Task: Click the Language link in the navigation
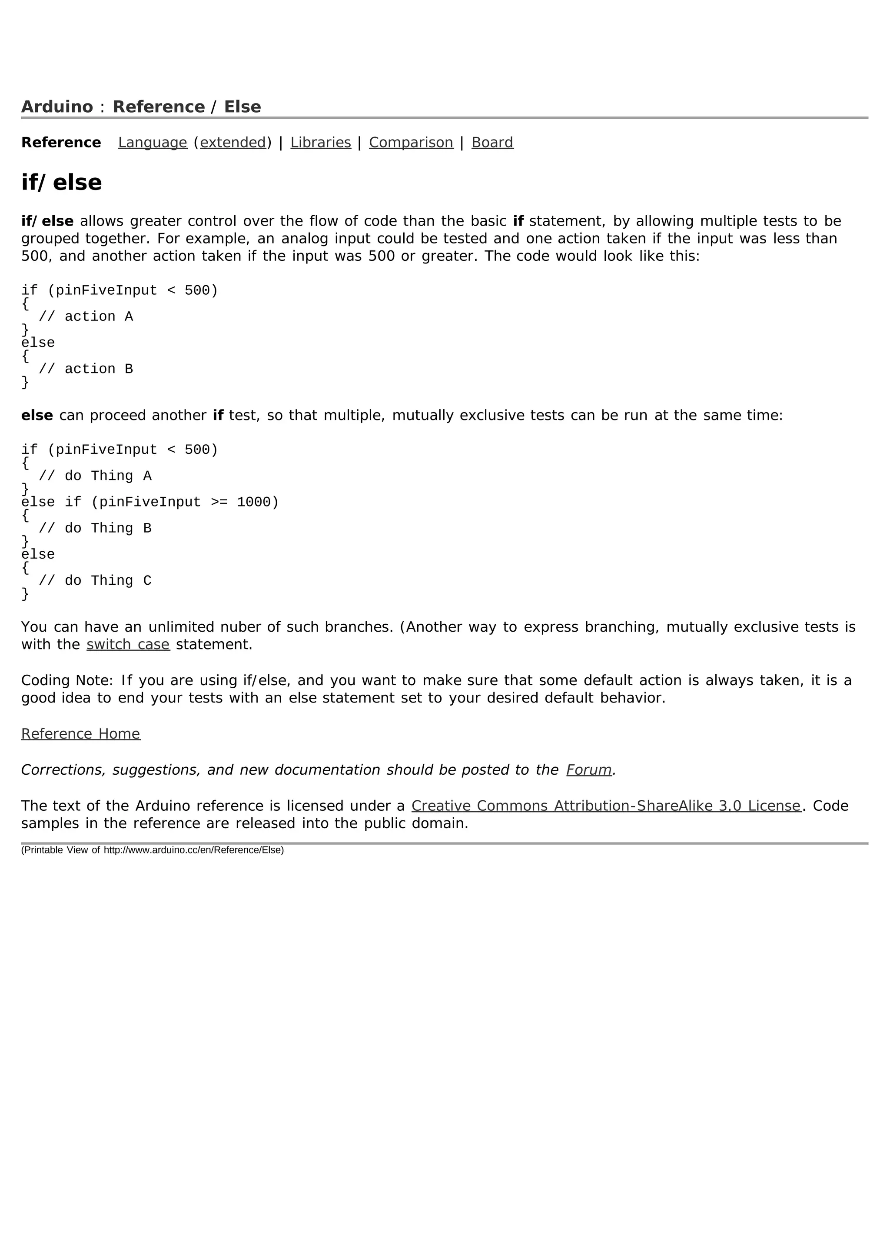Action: [153, 143]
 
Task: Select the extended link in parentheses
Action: [233, 143]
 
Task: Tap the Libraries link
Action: [321, 143]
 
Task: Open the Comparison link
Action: [411, 143]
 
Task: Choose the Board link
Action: [492, 143]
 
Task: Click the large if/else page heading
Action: [61, 183]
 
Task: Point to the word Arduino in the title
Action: [57, 107]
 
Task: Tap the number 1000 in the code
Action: [254, 502]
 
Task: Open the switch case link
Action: [128, 645]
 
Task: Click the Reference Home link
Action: [80, 734]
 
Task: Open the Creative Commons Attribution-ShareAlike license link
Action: [606, 806]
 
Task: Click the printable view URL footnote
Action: [153, 850]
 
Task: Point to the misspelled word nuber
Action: [244, 627]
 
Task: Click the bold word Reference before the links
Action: [61, 143]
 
